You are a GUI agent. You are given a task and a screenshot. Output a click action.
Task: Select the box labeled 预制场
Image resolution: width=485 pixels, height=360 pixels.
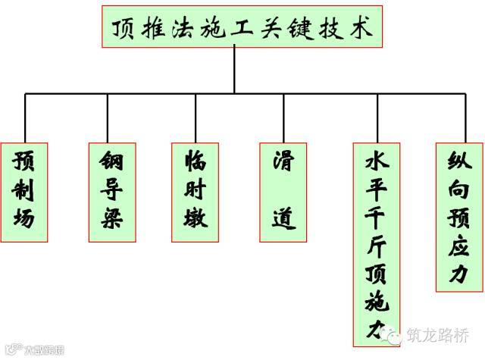25,191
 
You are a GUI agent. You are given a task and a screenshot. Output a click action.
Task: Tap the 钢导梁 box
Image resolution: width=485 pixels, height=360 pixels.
111,191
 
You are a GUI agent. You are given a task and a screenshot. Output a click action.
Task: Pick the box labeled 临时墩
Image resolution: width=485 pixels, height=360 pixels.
196,191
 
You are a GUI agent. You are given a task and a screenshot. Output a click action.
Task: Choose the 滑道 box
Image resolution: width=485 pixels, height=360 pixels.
284,191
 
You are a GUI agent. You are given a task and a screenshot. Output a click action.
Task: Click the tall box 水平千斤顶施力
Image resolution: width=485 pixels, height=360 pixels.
377,243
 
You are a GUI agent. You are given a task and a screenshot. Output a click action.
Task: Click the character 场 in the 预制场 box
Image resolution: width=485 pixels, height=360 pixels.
25,220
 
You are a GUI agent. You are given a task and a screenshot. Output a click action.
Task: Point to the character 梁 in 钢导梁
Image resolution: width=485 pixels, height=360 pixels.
111,220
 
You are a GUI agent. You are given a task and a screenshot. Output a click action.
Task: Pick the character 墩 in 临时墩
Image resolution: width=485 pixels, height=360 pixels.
196,220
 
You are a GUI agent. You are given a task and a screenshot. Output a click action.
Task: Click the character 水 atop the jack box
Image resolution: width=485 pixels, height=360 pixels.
377,161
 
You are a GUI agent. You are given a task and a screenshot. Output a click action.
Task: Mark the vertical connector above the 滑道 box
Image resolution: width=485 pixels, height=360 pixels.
283,118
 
